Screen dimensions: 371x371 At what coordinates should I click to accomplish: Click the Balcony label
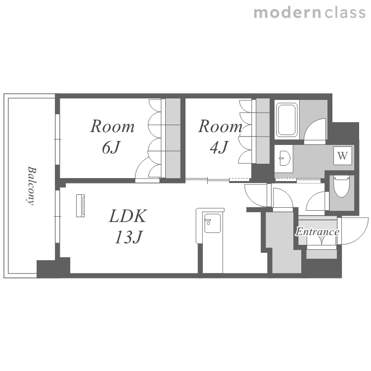(x=31, y=185)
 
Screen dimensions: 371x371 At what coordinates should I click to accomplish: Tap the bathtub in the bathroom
(x=287, y=120)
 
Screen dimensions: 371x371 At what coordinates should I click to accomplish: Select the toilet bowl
(x=341, y=186)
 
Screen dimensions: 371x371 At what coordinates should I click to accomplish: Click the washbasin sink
(x=284, y=158)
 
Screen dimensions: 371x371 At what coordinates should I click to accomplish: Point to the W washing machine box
(x=342, y=156)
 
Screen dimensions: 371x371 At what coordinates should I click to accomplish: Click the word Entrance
(x=317, y=232)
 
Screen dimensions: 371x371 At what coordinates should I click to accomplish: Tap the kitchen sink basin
(x=212, y=224)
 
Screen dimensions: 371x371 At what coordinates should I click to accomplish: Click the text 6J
(x=111, y=147)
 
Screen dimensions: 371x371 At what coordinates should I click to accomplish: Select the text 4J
(x=219, y=147)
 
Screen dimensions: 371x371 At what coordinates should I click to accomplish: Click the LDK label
(x=128, y=216)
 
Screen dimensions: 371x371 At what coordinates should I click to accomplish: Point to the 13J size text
(x=129, y=237)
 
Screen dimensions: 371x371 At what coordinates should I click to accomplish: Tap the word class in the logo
(x=345, y=12)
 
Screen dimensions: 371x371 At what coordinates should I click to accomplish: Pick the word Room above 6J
(x=112, y=127)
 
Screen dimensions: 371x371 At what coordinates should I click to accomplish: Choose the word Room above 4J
(x=220, y=127)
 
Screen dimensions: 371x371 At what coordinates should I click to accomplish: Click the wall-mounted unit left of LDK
(x=80, y=206)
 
